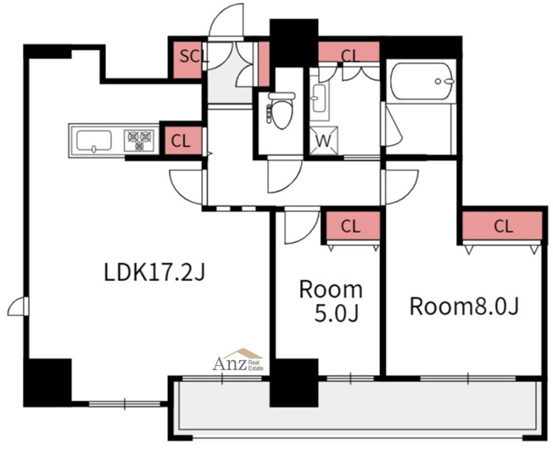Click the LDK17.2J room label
tap(154, 272)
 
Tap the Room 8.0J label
tap(464, 306)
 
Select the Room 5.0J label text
tap(331, 301)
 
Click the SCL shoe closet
tap(187, 60)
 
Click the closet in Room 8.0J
tap(502, 226)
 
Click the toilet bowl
tap(282, 110)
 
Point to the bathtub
tap(422, 81)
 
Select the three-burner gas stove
tap(139, 141)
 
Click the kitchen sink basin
tap(94, 141)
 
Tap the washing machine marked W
tap(324, 141)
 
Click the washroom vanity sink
tap(320, 98)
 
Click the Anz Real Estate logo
tap(238, 360)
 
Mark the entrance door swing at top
tap(226, 20)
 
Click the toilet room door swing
tap(285, 176)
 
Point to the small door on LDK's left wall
tap(19, 306)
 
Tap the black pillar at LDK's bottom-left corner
tap(47, 383)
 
